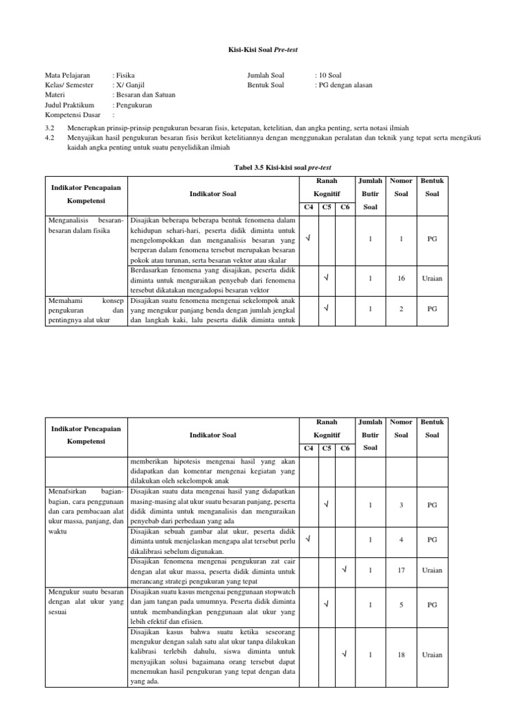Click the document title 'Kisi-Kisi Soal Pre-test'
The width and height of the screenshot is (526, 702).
tap(262, 50)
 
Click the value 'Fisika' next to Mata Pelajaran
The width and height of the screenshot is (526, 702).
tap(125, 75)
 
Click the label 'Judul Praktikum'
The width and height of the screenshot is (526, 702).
tap(69, 106)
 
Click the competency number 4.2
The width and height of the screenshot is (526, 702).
tap(49, 138)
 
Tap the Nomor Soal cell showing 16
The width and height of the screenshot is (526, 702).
tap(401, 278)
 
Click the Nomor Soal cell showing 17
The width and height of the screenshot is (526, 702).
tap(401, 570)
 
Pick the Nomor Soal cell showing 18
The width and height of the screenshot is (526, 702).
tap(401, 655)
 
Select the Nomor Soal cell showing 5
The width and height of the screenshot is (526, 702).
tap(401, 605)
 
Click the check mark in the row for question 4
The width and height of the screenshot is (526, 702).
tap(309, 540)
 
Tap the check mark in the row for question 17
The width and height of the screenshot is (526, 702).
tap(345, 570)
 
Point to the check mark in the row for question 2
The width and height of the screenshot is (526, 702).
tap(327, 308)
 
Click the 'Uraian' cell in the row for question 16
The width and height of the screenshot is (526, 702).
tap(432, 278)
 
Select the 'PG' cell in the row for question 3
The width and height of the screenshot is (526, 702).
tap(432, 505)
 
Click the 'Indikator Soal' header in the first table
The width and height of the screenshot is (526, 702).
tap(213, 194)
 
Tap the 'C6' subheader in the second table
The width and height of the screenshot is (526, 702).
tap(345, 448)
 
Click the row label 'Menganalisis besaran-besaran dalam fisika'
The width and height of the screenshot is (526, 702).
tap(86, 226)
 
